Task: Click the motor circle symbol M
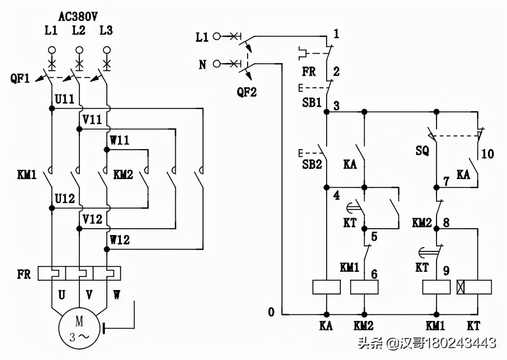click(x=79, y=329)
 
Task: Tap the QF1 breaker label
click(x=20, y=78)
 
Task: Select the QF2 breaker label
click(x=247, y=92)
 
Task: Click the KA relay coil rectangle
click(x=327, y=287)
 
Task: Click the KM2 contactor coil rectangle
click(x=364, y=287)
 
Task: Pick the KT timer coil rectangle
click(x=474, y=287)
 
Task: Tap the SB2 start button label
click(x=312, y=164)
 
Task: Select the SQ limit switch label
click(x=422, y=151)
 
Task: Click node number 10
click(x=487, y=154)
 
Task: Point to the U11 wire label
click(x=65, y=100)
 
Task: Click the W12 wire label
click(x=119, y=239)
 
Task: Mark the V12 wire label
click(x=92, y=219)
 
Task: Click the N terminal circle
click(x=217, y=64)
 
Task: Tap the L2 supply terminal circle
click(x=79, y=50)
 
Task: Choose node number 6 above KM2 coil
click(x=374, y=274)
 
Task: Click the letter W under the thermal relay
click(x=117, y=295)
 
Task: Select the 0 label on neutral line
click(x=272, y=312)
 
